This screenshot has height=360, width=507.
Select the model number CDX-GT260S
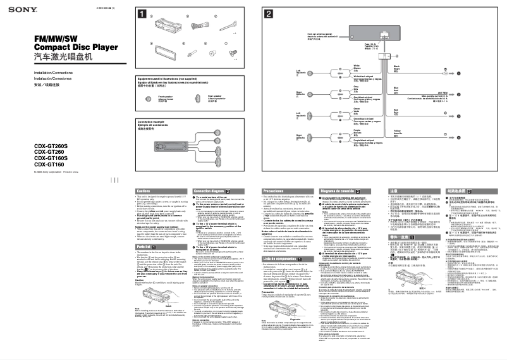tap(39, 144)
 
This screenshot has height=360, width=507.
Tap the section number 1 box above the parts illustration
tap(143, 14)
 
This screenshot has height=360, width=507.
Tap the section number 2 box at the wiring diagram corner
tap(269, 14)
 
